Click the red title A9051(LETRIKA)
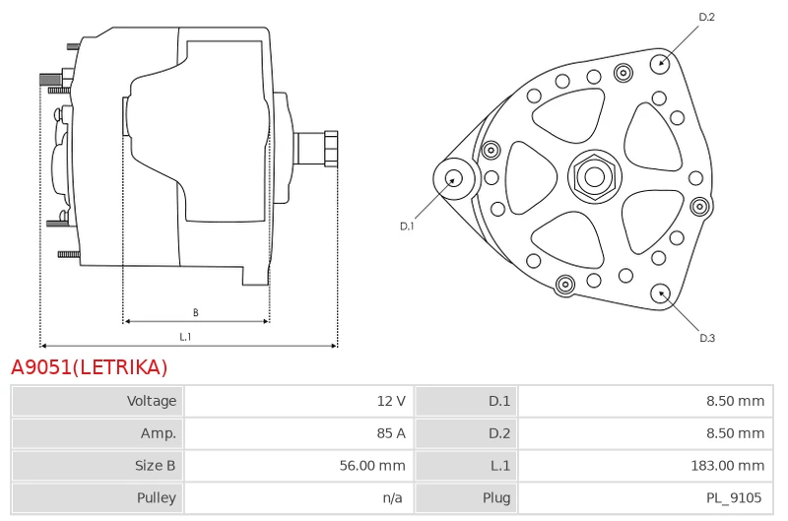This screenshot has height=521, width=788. tap(89, 367)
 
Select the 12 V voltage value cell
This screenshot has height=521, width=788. tap(391, 401)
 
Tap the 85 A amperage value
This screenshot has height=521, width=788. tap(391, 433)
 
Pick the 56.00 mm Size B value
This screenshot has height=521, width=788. tap(372, 465)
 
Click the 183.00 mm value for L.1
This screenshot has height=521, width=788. tap(728, 465)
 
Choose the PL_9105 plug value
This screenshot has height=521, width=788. tap(734, 497)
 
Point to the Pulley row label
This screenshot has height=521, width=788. tap(157, 497)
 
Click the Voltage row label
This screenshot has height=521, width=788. tap(152, 401)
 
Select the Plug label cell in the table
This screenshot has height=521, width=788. tap(496, 497)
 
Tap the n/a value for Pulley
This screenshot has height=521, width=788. tap(392, 497)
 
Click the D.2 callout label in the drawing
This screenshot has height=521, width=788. tap(706, 17)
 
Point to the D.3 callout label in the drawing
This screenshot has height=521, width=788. tap(707, 338)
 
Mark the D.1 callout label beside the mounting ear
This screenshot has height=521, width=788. tap(407, 227)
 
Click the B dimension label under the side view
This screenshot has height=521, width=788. tap(195, 312)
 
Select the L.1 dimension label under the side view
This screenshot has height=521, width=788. tap(185, 337)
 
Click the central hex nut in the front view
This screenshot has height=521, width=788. tap(595, 176)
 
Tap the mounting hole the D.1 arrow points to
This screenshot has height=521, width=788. tap(454, 178)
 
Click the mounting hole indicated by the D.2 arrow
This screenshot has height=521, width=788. tap(661, 63)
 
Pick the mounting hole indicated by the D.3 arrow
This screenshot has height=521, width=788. tap(661, 293)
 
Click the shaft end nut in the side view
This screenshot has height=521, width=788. tap(331, 148)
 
